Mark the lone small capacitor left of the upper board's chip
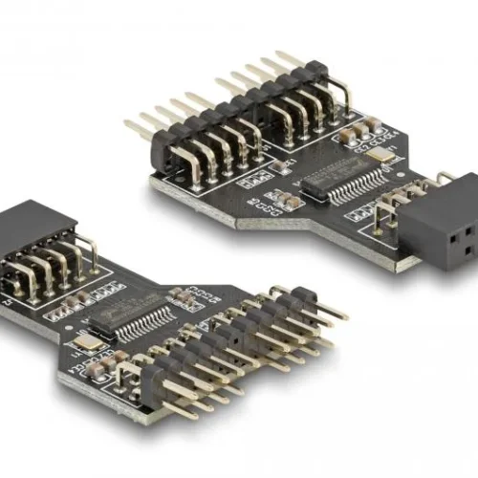point(277,166)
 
